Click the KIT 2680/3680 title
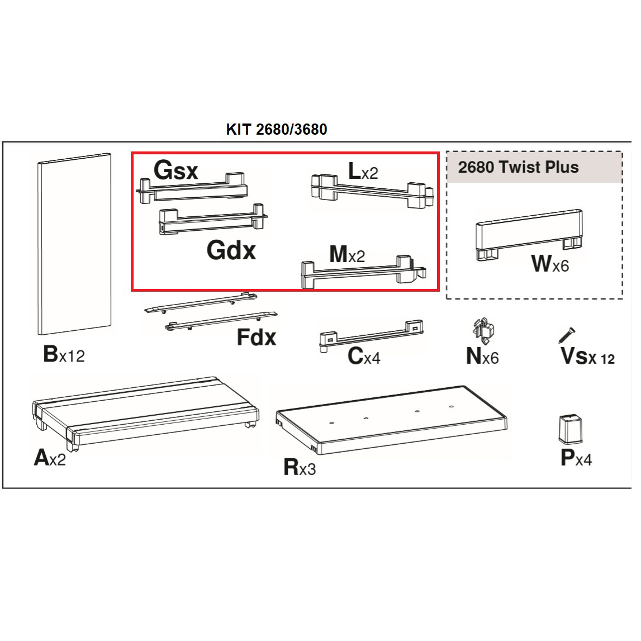pyautogui.click(x=277, y=129)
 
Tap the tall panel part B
pyautogui.click(x=74, y=244)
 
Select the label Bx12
pyautogui.click(x=64, y=354)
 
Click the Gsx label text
pyautogui.click(x=176, y=170)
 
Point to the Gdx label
pyautogui.click(x=231, y=250)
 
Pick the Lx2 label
pyautogui.click(x=363, y=171)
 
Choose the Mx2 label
pyautogui.click(x=347, y=255)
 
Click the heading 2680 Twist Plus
pyautogui.click(x=519, y=167)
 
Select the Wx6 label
pyautogui.click(x=550, y=264)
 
